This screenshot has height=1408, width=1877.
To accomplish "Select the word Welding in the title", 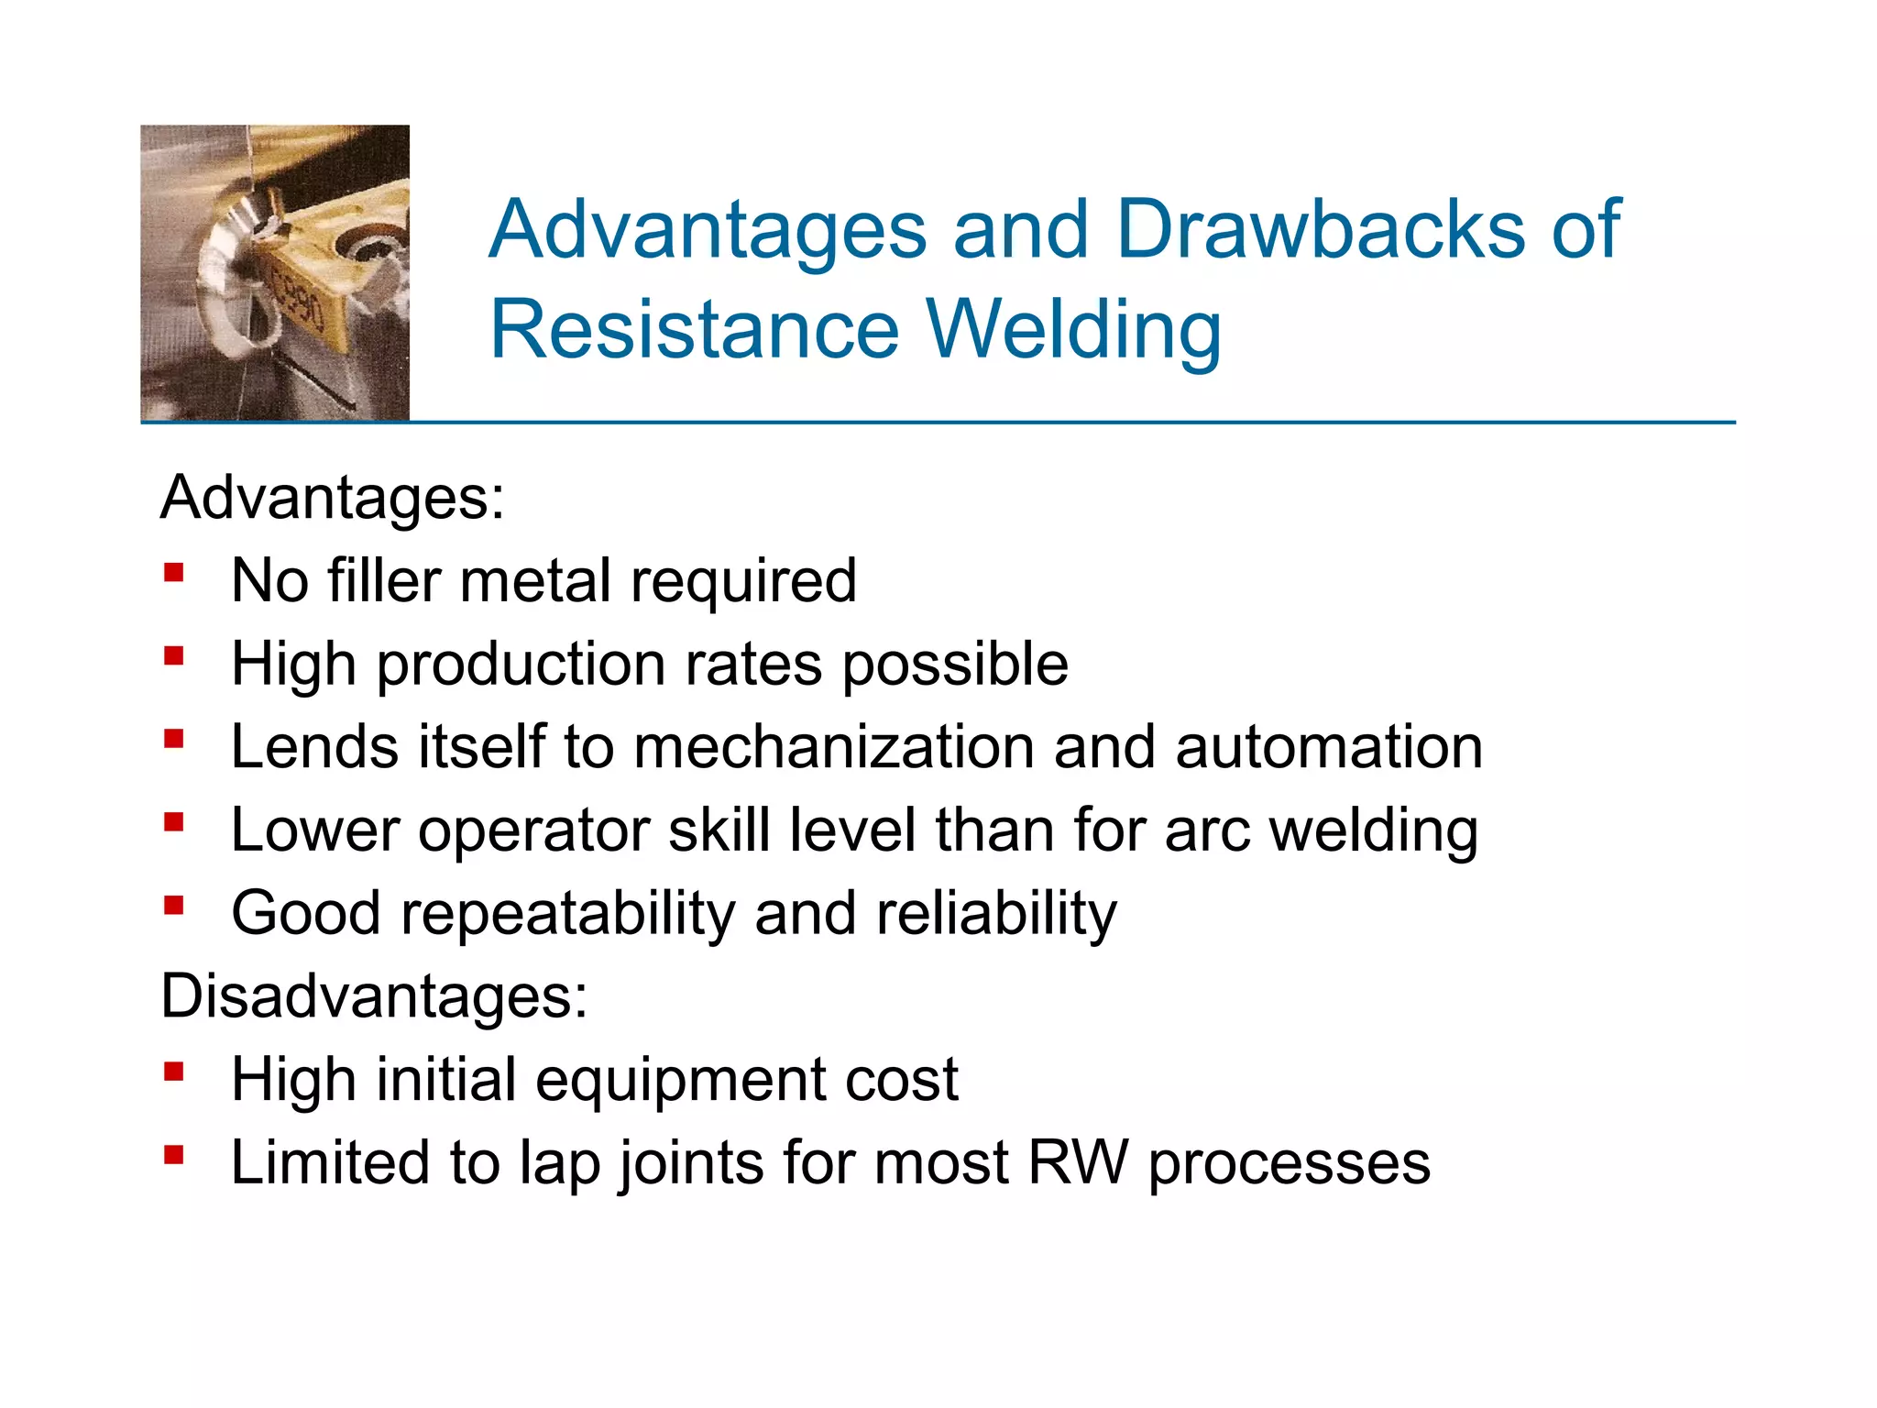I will pyautogui.click(x=1074, y=332).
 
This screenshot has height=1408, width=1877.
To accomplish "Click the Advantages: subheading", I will pyautogui.click(x=332, y=498).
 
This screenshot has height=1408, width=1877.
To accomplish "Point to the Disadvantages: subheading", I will pyautogui.click(x=374, y=996).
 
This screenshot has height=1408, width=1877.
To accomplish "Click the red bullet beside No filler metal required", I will pyautogui.click(x=174, y=574).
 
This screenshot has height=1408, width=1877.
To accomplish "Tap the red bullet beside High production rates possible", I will pyautogui.click(x=174, y=656).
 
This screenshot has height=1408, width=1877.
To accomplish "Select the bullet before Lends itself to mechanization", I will pyautogui.click(x=174, y=739).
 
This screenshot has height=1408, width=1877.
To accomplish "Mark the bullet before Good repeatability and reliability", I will pyautogui.click(x=174, y=906).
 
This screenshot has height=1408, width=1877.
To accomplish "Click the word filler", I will pyautogui.click(x=384, y=581).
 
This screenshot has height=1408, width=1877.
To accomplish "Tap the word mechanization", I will pyautogui.click(x=833, y=747).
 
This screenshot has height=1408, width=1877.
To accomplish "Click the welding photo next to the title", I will pyautogui.click(x=275, y=273).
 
